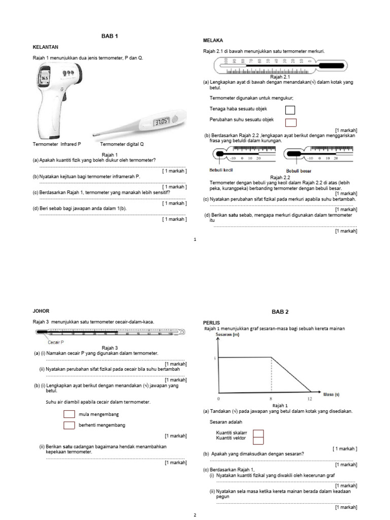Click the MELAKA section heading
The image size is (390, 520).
pyautogui.click(x=213, y=40)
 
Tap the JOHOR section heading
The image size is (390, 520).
pyautogui.click(x=41, y=311)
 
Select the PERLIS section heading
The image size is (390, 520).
pyautogui.click(x=211, y=322)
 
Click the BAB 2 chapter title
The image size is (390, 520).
pyautogui.click(x=279, y=311)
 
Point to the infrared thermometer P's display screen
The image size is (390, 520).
pyautogui.click(x=45, y=78)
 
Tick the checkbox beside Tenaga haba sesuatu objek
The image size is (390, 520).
pyautogui.click(x=290, y=110)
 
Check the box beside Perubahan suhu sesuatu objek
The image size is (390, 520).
pyautogui.click(x=290, y=121)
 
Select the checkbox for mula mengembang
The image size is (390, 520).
pyautogui.click(x=69, y=414)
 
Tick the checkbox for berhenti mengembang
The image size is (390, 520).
pyautogui.click(x=69, y=425)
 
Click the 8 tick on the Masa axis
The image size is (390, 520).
pyautogui.click(x=271, y=399)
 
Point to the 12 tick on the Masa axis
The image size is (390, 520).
pyautogui.click(x=309, y=399)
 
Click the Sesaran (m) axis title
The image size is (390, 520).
pyautogui.click(x=227, y=335)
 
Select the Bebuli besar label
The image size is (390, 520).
pyautogui.click(x=299, y=171)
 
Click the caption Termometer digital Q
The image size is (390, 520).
pyautogui.click(x=122, y=144)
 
